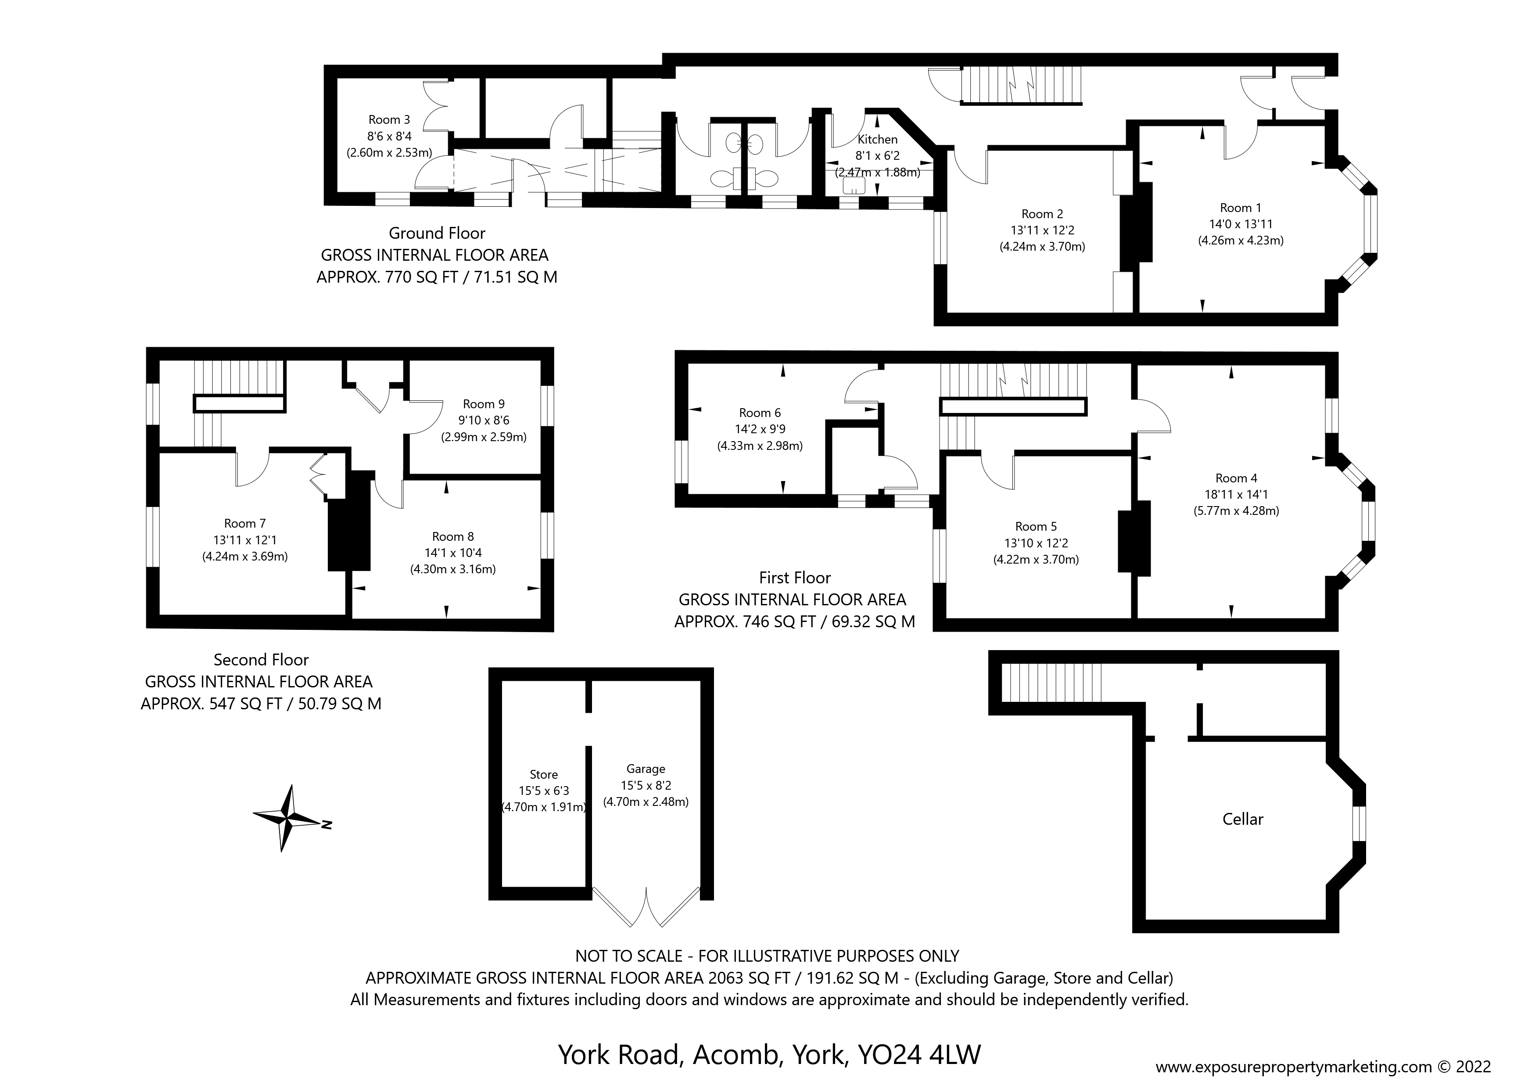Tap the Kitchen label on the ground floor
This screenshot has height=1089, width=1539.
(877, 140)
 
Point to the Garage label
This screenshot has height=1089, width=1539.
(646, 769)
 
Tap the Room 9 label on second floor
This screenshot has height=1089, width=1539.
(483, 404)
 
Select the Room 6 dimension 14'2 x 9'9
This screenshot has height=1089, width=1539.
(760, 429)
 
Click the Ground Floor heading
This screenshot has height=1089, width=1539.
(437, 234)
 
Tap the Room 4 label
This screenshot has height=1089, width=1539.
(1236, 478)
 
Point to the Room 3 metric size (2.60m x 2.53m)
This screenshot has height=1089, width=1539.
(389, 152)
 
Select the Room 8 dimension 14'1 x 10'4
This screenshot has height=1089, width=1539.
(453, 553)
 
